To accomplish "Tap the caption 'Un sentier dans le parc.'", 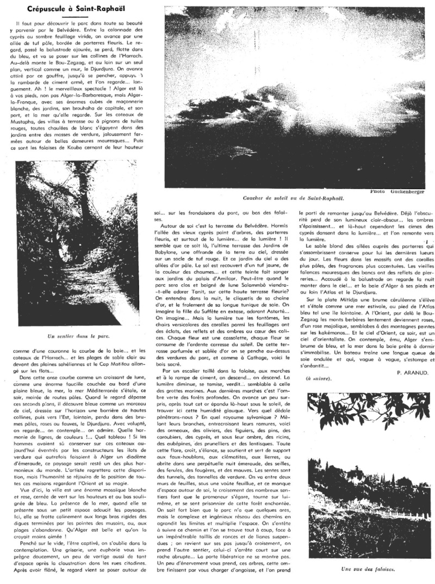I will coord(79,336).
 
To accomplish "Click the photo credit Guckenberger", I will coord(404,191).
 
